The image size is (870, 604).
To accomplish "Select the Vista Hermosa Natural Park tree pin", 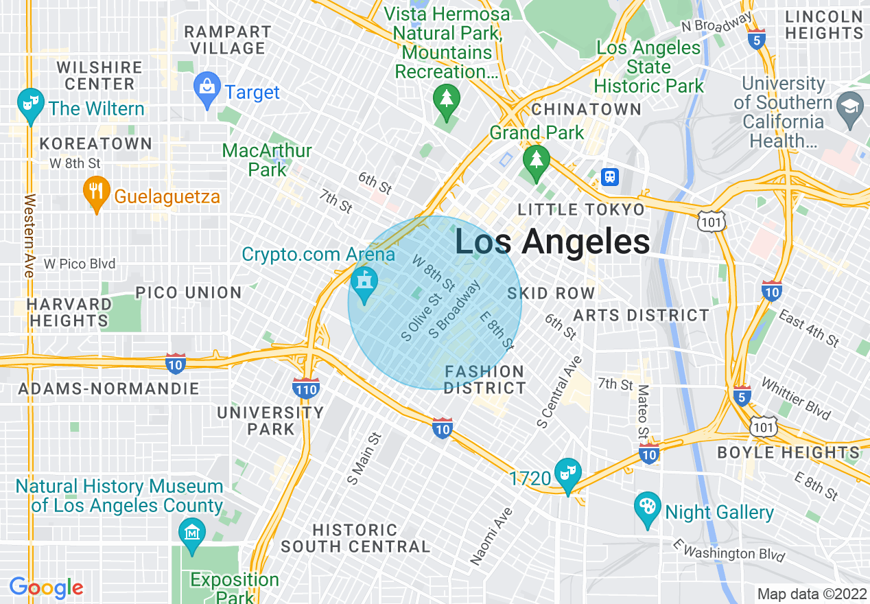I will point(447,100).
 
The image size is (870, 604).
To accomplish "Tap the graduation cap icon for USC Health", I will point(850,107).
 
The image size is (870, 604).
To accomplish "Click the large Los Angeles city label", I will point(552,242).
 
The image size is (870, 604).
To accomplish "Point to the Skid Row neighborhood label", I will point(551,294).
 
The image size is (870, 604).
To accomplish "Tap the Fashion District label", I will point(484,380).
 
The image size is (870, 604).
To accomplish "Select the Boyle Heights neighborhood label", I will point(788,453).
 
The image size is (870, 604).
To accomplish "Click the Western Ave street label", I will point(29,236).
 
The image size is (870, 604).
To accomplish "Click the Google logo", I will point(46,588).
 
